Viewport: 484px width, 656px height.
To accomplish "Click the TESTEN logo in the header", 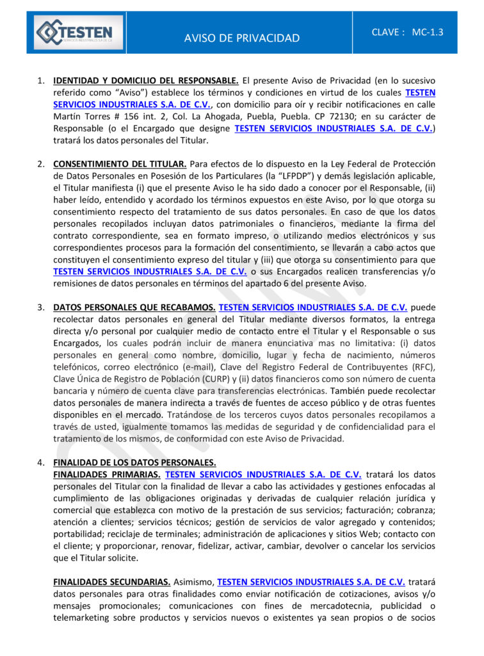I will coord(75,33).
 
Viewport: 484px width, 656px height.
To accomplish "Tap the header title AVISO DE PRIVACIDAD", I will coord(241,38).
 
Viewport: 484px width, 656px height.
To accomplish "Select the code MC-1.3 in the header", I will coord(428,31).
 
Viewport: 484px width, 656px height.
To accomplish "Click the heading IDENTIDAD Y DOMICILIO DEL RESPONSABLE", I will coord(146,81).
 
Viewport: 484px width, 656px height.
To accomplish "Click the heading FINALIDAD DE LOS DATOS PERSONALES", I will coord(134,463).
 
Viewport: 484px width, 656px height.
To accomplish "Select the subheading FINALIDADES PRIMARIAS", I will coord(106,475).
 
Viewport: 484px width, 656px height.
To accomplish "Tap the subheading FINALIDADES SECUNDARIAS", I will coord(111,582).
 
